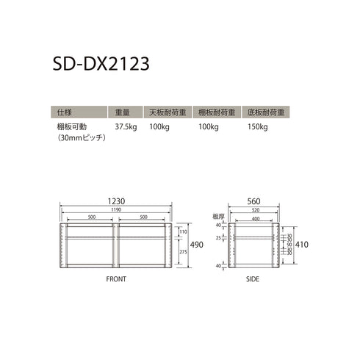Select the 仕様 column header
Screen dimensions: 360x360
click(x=64, y=112)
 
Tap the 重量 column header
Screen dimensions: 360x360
click(x=123, y=112)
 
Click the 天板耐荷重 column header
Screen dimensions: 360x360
click(x=167, y=112)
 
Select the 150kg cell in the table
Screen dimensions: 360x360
click(x=258, y=127)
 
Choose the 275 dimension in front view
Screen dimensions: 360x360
click(x=182, y=252)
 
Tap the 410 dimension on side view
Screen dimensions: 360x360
click(x=303, y=245)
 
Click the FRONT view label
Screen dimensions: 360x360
click(x=115, y=280)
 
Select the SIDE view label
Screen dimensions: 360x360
click(x=253, y=280)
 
